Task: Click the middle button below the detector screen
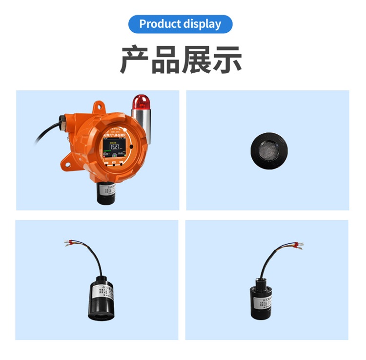click(113, 163)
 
